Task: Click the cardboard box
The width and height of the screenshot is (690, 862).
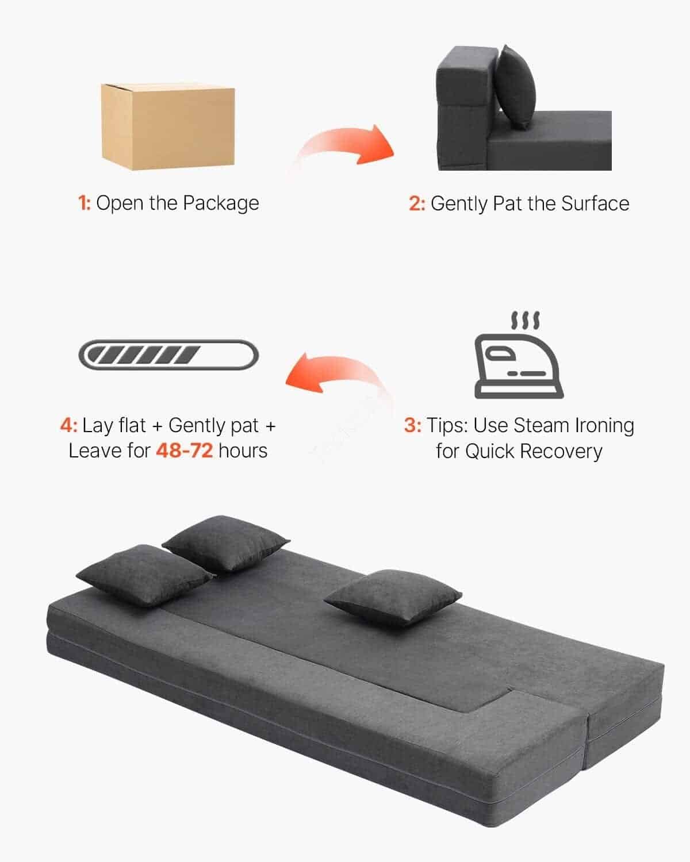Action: (x=167, y=126)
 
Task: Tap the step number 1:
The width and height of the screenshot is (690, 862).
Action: (x=85, y=203)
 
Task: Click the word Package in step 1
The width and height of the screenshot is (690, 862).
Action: (x=221, y=204)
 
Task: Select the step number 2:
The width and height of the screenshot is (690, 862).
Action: (x=417, y=203)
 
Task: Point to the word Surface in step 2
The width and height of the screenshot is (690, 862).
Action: (x=595, y=203)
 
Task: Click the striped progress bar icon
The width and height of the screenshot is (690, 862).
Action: (x=168, y=355)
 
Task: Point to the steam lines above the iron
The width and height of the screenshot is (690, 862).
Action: (x=525, y=320)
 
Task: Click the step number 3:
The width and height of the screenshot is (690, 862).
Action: (x=412, y=425)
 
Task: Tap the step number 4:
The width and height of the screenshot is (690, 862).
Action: (x=68, y=425)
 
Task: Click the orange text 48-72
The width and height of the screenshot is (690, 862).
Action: (x=185, y=451)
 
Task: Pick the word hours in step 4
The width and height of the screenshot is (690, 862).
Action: (x=243, y=451)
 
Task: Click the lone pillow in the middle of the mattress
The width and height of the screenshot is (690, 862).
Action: (x=393, y=598)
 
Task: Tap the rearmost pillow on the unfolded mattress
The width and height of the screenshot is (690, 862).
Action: (x=225, y=542)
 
